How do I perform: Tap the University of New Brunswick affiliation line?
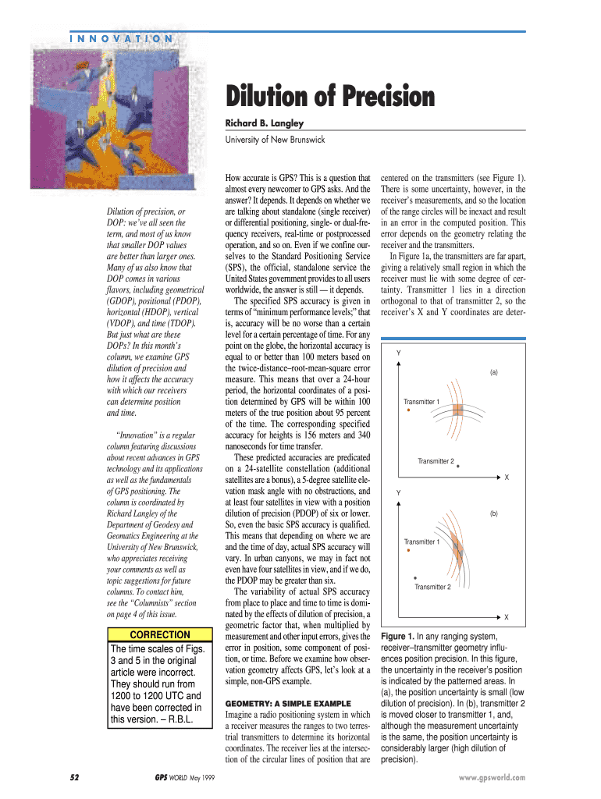275,140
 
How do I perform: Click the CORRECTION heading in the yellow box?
159,635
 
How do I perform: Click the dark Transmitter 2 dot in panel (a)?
458,467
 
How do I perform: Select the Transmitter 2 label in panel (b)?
432,587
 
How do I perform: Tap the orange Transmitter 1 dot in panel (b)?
407,550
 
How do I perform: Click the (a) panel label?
494,372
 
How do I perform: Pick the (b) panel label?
494,513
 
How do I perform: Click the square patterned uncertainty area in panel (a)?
458,410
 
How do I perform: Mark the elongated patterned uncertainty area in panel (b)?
458,551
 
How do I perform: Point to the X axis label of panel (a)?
506,477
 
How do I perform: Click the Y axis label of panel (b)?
398,493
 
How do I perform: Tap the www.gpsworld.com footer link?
493,778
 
